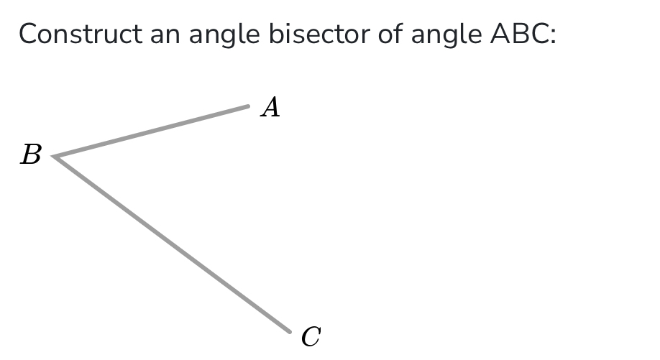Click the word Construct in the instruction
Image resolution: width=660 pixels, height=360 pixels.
click(x=80, y=34)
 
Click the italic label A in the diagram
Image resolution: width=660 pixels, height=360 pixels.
click(x=270, y=108)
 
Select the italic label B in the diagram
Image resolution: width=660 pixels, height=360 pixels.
click(x=31, y=154)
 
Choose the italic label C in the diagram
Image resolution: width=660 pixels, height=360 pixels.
click(x=311, y=336)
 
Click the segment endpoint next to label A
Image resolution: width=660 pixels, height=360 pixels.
click(x=247, y=106)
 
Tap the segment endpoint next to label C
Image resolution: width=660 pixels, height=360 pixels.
click(x=289, y=331)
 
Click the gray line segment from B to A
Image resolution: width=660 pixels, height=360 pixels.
click(x=151, y=131)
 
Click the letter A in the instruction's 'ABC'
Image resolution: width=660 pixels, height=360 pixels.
click(x=500, y=34)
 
